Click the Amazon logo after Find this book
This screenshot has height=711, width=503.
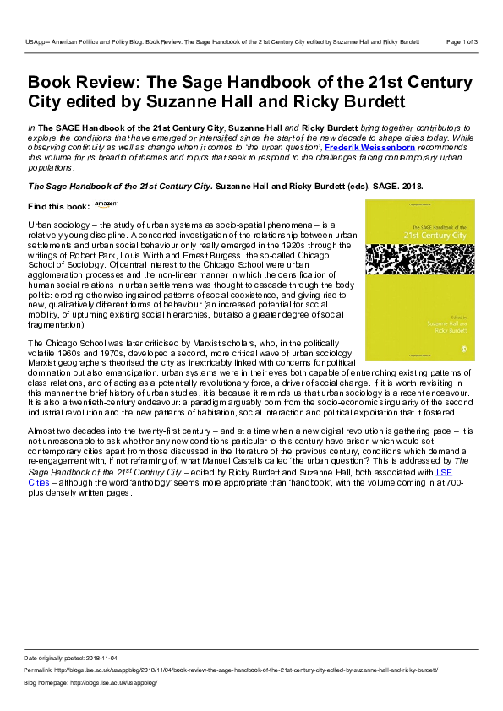click(x=105, y=204)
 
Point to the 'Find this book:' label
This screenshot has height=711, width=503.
click(x=57, y=206)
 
